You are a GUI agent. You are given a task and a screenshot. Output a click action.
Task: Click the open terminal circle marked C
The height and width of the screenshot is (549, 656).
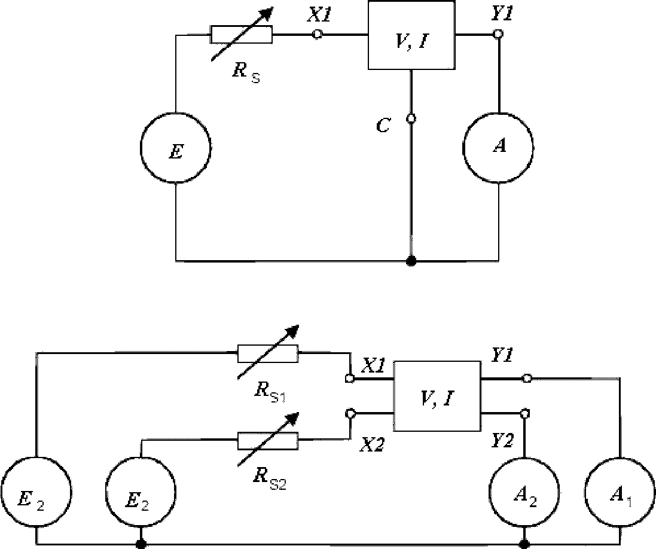pyautogui.click(x=411, y=119)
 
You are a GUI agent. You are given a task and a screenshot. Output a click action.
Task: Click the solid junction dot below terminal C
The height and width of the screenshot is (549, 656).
pyautogui.click(x=411, y=261)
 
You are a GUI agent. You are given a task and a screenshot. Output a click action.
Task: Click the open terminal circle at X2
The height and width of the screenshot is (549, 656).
pyautogui.click(x=350, y=413)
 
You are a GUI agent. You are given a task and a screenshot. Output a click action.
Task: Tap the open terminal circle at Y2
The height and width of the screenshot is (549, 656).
pyautogui.click(x=524, y=413)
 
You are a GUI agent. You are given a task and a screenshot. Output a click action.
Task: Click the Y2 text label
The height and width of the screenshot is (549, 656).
pyautogui.click(x=502, y=441)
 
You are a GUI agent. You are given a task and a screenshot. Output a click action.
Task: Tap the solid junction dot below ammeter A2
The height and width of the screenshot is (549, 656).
pyautogui.click(x=524, y=544)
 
